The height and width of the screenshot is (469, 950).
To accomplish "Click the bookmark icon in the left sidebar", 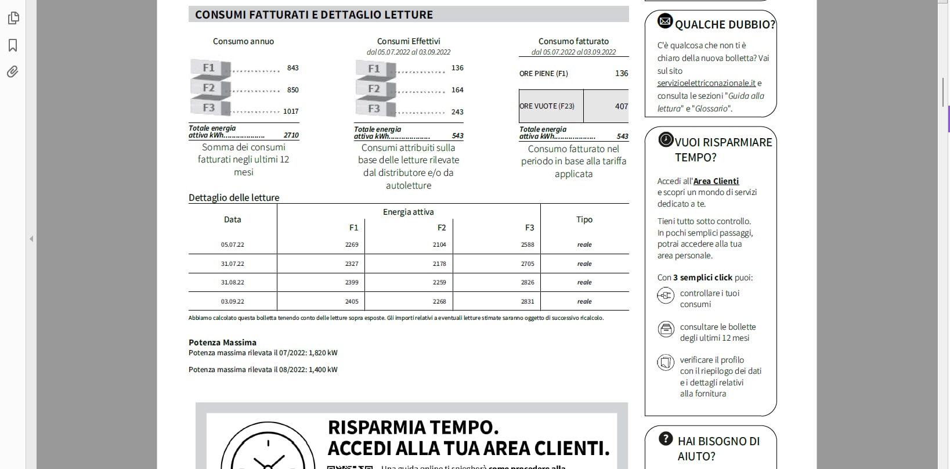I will [13, 45].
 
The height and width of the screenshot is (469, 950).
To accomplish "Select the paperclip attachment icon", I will [13, 71].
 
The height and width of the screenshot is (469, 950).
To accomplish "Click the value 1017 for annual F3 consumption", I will [291, 111].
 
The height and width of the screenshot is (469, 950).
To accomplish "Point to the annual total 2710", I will [291, 135].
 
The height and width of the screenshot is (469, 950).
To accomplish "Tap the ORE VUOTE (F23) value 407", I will [621, 106].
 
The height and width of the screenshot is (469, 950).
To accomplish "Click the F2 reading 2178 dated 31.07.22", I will [439, 264].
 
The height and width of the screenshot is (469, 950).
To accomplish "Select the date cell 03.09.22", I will [232, 301].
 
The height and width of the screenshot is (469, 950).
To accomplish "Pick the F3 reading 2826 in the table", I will [528, 282].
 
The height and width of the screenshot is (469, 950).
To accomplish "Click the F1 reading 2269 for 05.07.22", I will [352, 244].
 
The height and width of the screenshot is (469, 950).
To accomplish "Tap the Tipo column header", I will [584, 219].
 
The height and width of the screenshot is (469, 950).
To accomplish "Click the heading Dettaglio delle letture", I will [234, 197].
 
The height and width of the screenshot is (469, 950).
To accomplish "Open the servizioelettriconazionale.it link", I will [706, 83].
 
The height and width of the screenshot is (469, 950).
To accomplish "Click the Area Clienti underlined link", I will [716, 181].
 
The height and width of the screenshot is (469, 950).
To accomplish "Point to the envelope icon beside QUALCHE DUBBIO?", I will [665, 21].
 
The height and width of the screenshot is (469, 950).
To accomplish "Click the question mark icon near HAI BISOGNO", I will [666, 439].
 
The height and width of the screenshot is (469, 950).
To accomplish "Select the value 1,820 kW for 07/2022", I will [323, 352].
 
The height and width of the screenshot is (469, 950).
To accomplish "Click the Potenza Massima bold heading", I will [222, 342].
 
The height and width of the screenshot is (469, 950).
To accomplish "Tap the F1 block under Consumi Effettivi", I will [375, 69].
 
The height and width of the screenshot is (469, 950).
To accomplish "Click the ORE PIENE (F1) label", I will [544, 74].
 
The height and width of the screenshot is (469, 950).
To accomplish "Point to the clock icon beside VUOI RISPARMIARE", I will [666, 140].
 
